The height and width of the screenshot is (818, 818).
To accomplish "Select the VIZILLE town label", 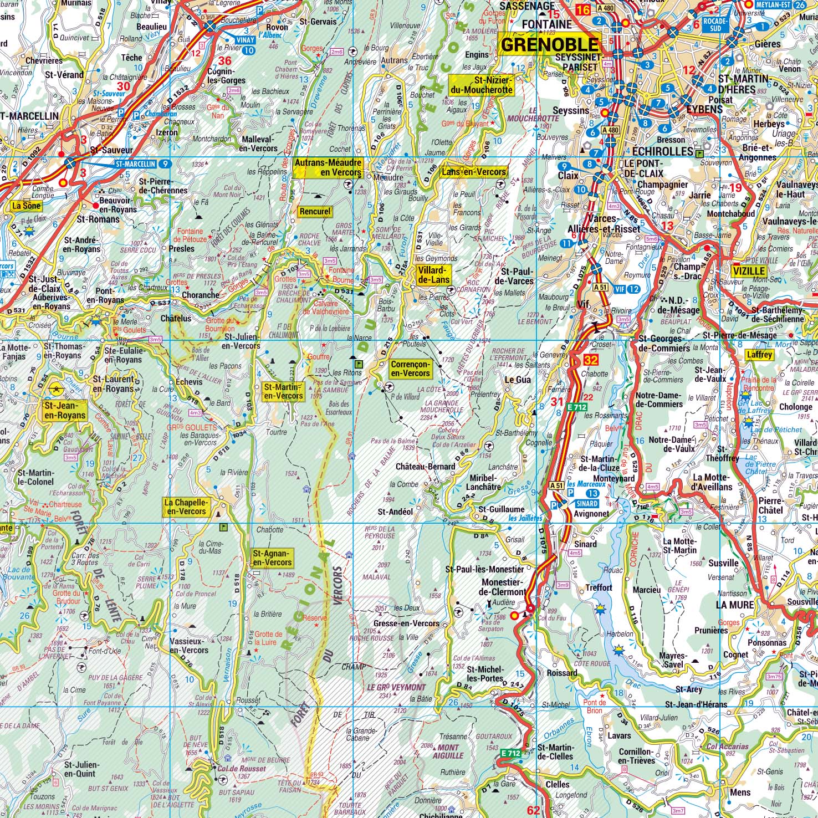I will [748, 272].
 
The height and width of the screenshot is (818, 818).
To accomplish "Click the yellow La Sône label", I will [27, 206].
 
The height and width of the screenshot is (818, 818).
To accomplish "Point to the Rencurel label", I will [315, 211].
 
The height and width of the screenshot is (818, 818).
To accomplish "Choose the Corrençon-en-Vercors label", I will [410, 369].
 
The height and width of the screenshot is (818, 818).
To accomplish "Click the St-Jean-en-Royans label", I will [65, 410].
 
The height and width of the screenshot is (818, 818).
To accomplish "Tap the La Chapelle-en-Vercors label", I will [186, 507].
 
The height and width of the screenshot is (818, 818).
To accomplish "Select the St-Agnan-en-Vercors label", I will [272, 558].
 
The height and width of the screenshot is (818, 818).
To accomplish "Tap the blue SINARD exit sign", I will [586, 503].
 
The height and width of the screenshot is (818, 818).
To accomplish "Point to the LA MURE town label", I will [734, 605].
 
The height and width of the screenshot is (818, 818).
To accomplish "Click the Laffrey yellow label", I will [759, 355].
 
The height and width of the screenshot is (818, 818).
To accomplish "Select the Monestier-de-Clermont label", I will [504, 587].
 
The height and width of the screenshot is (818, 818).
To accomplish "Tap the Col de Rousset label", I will [241, 769].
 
